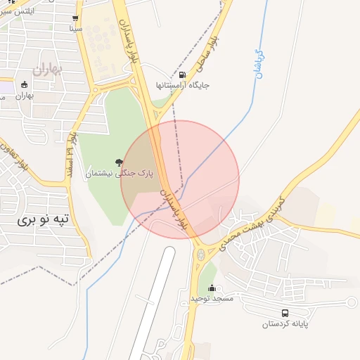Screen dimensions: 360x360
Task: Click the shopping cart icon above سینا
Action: click(75, 18)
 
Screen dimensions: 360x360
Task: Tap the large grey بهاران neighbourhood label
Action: click(48, 69)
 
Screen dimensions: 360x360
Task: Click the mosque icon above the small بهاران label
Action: click(25, 85)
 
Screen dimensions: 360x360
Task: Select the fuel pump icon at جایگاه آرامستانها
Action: click(183, 75)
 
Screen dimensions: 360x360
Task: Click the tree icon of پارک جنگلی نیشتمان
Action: click(119, 162)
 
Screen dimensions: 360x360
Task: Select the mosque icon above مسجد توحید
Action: click(212, 288)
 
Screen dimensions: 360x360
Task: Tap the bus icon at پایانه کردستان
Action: click(285, 313)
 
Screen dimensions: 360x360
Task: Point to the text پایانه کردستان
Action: click(285, 323)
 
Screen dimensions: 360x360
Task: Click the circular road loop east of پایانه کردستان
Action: click(351, 303)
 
